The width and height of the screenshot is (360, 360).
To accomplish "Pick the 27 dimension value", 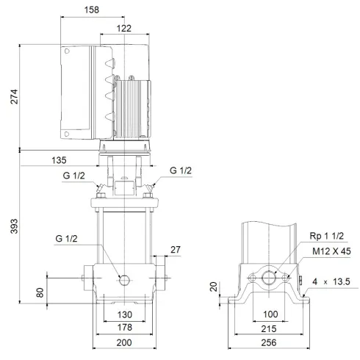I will coord(174,249).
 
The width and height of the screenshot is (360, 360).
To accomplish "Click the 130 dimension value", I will coord(123,314).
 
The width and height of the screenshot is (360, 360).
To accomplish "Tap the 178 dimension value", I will coord(123,327).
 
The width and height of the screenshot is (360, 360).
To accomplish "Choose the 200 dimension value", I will coord(123,342).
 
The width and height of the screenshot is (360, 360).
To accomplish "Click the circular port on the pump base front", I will coord(124,279).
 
